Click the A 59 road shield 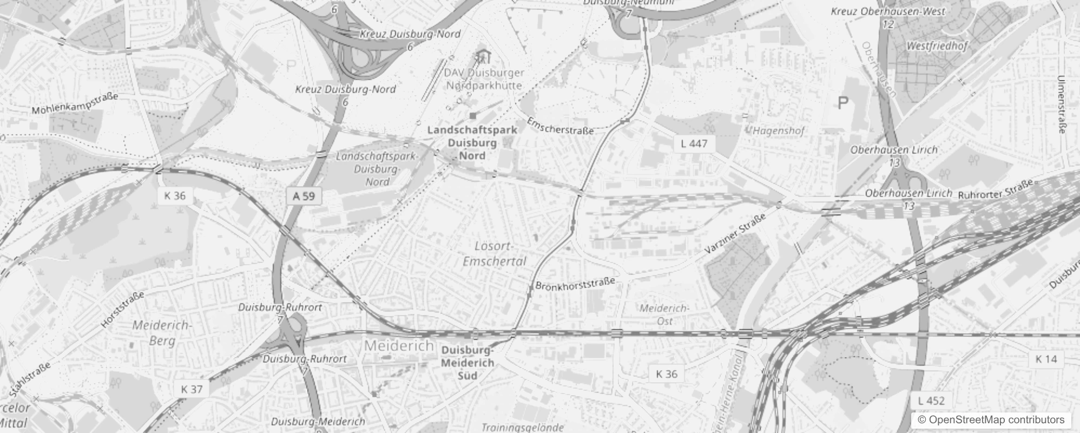(304, 196)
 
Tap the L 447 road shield (694, 143)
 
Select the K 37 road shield (192, 389)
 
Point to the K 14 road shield (1046, 359)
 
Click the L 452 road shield (931, 401)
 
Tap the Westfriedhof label (937, 47)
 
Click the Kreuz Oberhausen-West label (888, 11)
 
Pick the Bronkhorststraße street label (575, 284)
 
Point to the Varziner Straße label (735, 234)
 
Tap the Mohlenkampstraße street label (75, 104)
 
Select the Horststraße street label (123, 310)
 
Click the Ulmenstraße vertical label (1061, 104)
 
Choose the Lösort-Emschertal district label (494, 253)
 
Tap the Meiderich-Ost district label (664, 314)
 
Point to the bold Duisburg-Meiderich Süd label (467, 362)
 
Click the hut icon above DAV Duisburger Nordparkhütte (481, 56)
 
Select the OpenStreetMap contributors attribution (991, 419)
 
